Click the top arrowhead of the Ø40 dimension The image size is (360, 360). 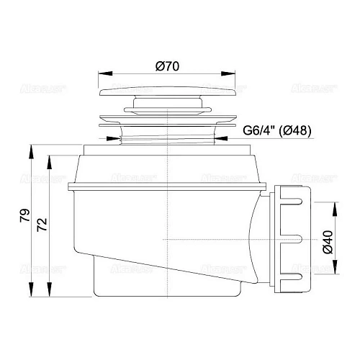pyautogui.click(x=333, y=206)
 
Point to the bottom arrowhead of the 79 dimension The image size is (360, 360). pyautogui.click(x=32, y=294)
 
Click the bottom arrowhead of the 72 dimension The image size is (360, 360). pyautogui.click(x=50, y=294)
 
